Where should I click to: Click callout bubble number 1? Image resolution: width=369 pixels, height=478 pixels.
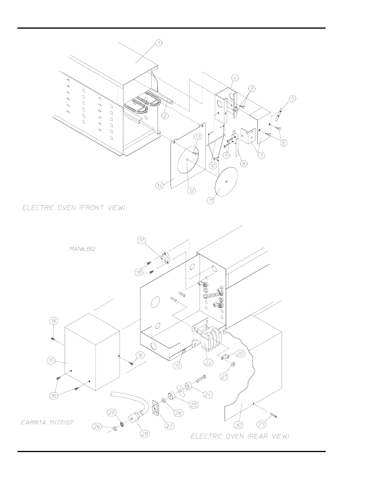coord(158,43)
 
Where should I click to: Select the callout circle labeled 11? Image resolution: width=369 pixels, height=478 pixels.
coord(210,200)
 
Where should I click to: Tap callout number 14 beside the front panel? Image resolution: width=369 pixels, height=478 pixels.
coord(159,185)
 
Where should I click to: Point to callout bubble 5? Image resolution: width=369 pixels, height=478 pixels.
coord(292,98)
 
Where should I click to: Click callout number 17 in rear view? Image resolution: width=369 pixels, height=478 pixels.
coord(142,240)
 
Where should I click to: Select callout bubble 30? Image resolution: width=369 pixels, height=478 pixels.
coord(238,425)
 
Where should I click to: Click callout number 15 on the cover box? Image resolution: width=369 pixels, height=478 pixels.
coord(51,361)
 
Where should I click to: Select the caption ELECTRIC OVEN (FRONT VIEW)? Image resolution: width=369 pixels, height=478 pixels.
coord(74,208)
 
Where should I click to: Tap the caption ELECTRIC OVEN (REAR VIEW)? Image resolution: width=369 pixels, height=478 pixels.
coord(240,436)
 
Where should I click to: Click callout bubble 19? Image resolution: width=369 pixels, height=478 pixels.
coord(177,365)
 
